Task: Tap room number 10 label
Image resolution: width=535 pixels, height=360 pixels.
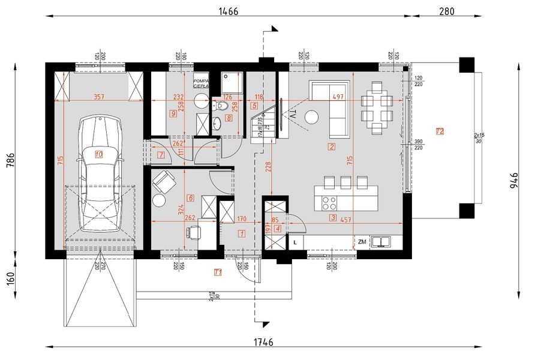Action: click(x=98, y=154)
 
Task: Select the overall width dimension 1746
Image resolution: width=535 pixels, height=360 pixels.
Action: click(x=263, y=343)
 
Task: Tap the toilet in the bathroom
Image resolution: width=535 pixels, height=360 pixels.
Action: click(x=221, y=106)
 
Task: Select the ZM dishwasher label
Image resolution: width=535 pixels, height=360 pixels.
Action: click(x=362, y=242)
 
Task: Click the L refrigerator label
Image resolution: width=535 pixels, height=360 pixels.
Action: click(x=296, y=242)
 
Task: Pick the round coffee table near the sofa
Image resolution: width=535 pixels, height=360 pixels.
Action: click(x=312, y=116)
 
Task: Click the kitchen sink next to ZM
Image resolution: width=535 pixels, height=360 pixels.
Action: click(x=381, y=242)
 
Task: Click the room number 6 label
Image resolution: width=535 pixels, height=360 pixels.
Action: click(x=190, y=197)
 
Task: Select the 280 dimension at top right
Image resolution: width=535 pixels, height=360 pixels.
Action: click(x=447, y=11)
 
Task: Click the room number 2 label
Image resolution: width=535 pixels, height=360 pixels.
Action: click(x=332, y=146)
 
